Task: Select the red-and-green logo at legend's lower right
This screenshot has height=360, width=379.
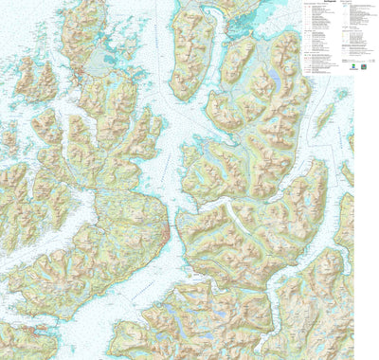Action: click(x=349, y=67)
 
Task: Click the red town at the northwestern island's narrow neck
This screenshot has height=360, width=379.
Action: click(x=81, y=72)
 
